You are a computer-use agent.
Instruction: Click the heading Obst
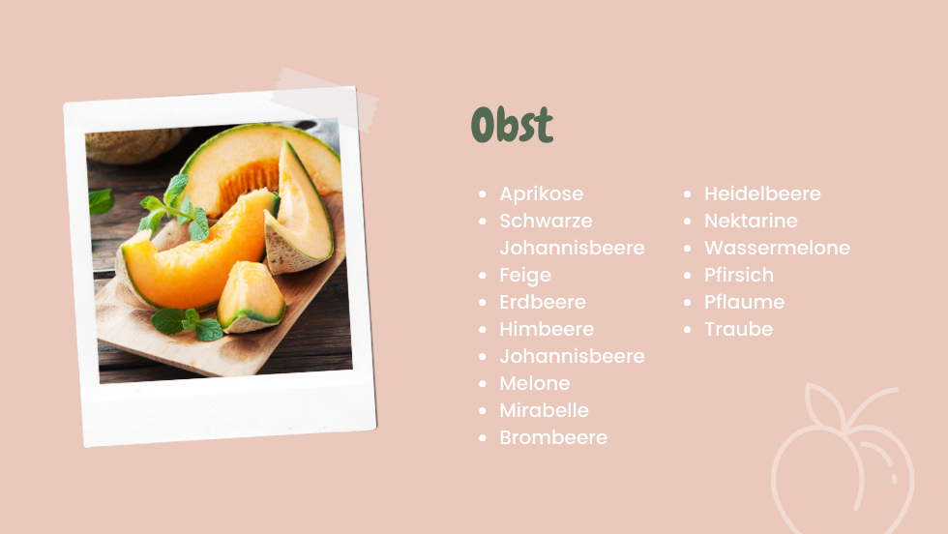point(512,125)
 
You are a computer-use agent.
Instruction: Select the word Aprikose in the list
point(542,194)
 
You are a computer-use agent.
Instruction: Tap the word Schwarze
point(546,221)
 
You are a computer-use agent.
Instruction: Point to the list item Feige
point(525,275)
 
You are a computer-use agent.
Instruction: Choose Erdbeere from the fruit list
point(543,302)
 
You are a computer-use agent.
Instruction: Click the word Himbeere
point(547,329)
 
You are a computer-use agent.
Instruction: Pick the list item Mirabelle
point(544,410)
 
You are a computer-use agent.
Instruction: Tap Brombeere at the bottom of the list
point(553,437)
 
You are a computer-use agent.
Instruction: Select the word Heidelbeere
point(762,193)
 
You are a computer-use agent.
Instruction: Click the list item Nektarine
point(751,221)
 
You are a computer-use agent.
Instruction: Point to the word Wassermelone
point(777,248)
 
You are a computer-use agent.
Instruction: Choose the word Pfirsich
point(739,275)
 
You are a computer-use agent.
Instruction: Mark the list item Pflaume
point(744,302)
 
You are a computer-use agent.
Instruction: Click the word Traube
point(738,329)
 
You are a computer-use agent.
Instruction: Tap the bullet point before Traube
point(687,330)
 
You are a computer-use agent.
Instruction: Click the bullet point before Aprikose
point(483,194)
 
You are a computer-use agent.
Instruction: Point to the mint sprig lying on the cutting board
point(188,323)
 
